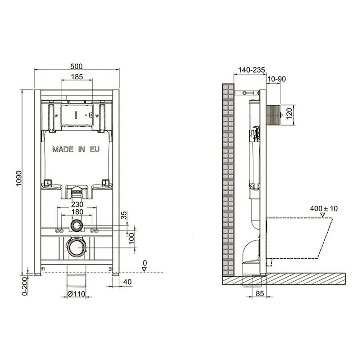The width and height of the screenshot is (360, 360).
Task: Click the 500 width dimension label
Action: [76, 66]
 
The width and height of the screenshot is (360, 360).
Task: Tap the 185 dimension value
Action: [76, 76]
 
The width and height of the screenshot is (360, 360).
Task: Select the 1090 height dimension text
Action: [19, 179]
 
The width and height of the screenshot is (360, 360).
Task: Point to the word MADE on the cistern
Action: [63, 149]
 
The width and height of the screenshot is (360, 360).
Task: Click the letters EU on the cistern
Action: [94, 149]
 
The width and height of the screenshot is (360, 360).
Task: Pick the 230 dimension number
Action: [77, 204]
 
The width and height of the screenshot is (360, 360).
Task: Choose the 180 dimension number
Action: [77, 211]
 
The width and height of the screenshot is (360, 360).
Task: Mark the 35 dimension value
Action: [124, 215]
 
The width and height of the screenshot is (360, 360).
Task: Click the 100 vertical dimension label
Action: [131, 238]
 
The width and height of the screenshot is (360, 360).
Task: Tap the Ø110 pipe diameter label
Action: [76, 294]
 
